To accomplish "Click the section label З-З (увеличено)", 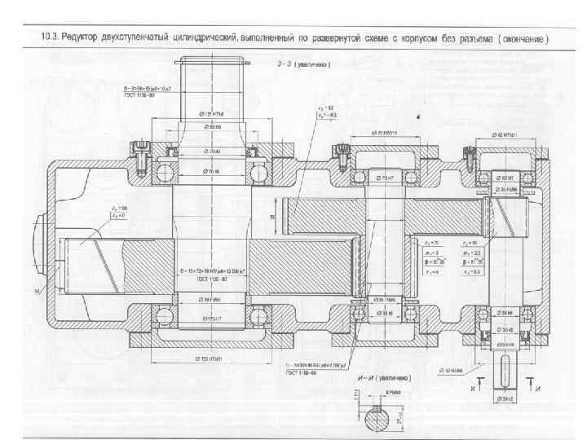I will click(302, 63).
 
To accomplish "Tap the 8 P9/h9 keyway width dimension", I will click(393, 392).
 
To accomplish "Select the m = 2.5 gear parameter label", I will click(471, 253).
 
